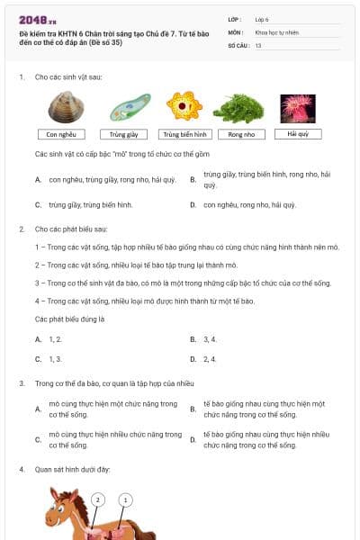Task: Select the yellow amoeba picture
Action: pos(185,107)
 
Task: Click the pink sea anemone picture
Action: pos(297,108)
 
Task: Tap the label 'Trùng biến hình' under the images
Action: pos(185,135)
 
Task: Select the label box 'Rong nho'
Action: pos(241,135)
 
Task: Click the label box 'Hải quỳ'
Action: pos(298,134)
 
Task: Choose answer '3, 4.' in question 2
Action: pos(211,339)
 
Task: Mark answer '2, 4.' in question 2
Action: pos(211,359)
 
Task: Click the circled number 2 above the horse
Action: pos(98,499)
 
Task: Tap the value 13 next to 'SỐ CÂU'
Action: pos(258,44)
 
